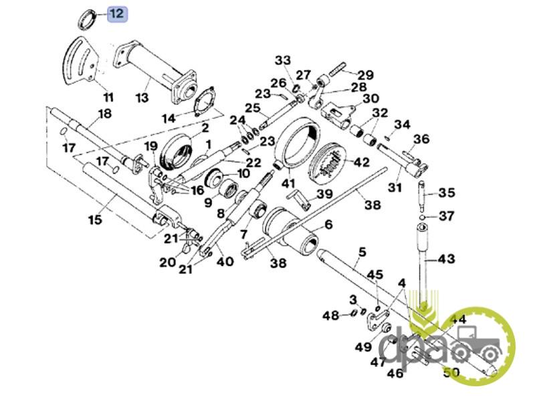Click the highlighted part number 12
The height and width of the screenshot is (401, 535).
click(116, 13)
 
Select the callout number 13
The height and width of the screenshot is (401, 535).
click(142, 98)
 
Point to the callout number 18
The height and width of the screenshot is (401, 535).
click(104, 114)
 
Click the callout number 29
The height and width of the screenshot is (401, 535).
click(365, 74)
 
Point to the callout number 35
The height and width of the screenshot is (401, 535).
click(446, 193)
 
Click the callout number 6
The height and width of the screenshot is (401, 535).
click(328, 225)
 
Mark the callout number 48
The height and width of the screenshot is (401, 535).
click(330, 315)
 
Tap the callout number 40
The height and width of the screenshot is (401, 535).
click(225, 261)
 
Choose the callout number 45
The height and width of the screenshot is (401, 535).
click(375, 275)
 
